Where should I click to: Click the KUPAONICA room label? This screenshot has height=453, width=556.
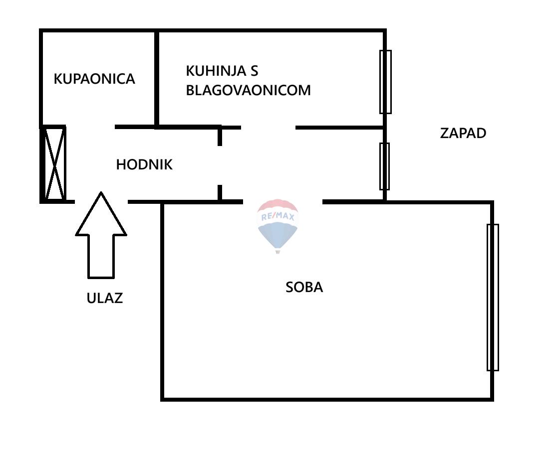(94, 79)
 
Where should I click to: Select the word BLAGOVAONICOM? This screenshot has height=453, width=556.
(248, 90)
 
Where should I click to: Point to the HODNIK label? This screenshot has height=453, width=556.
(144, 165)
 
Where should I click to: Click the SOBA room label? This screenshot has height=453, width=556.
(304, 287)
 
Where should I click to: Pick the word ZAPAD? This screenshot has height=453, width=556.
(463, 133)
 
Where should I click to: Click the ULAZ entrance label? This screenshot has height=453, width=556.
(104, 298)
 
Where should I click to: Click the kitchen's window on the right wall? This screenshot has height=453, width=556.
(385, 82)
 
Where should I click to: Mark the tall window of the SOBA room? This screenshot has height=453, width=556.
(492, 297)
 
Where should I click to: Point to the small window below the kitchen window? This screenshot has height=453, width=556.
(384, 166)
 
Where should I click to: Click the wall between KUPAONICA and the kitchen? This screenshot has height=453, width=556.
(157, 79)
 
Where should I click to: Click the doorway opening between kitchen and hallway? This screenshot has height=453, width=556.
(269, 128)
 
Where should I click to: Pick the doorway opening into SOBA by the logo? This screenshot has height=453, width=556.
(282, 202)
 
